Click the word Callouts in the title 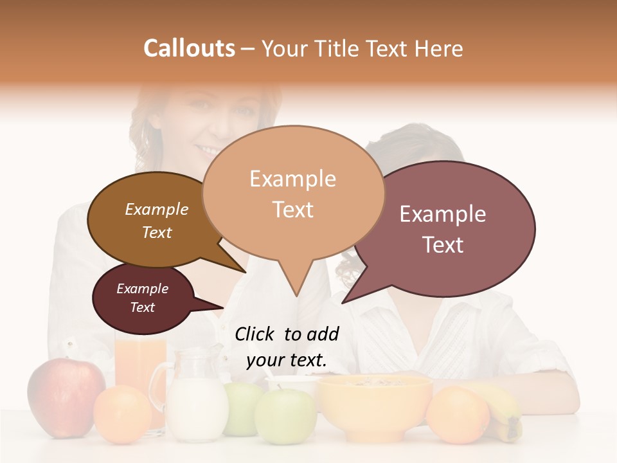189,49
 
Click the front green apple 284,415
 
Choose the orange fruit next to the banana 458,415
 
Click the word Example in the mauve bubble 442,215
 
